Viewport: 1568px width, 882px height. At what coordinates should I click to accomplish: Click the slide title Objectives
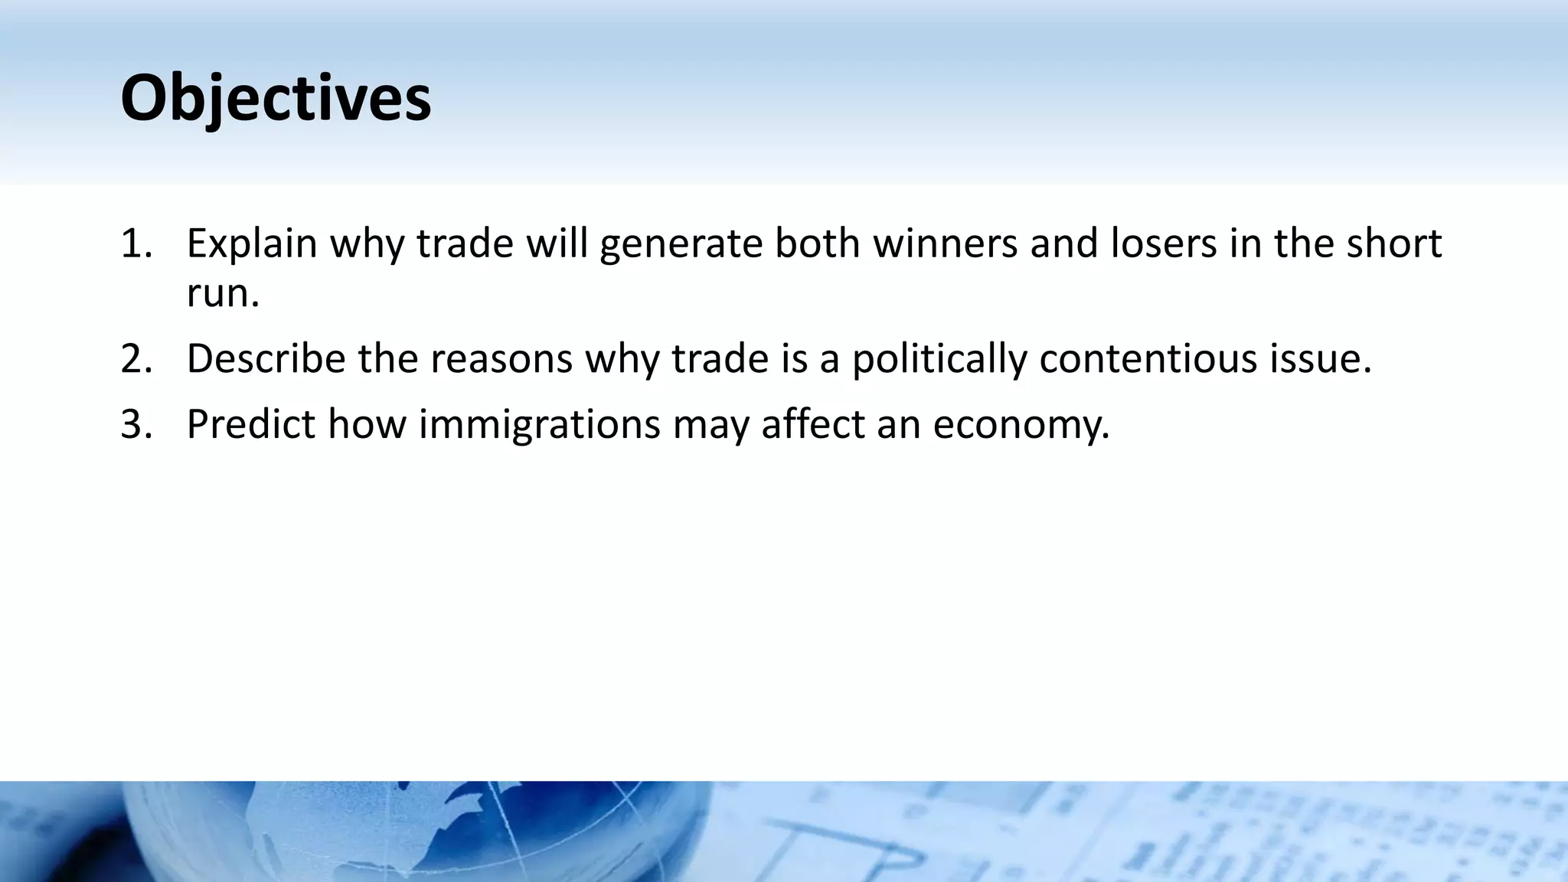coord(276,98)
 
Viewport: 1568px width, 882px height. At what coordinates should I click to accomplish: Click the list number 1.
coord(136,243)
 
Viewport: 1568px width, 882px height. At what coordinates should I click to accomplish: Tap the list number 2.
coord(136,358)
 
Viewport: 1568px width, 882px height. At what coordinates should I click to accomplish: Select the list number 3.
coord(136,424)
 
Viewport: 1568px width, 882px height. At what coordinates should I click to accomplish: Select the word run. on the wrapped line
coord(223,293)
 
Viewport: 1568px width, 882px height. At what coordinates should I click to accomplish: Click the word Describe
coord(266,358)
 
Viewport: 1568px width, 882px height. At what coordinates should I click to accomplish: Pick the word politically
coord(939,360)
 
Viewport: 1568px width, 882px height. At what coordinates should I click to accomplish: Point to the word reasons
coord(501,358)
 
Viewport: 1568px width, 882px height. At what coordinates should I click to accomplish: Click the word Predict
coord(250,424)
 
